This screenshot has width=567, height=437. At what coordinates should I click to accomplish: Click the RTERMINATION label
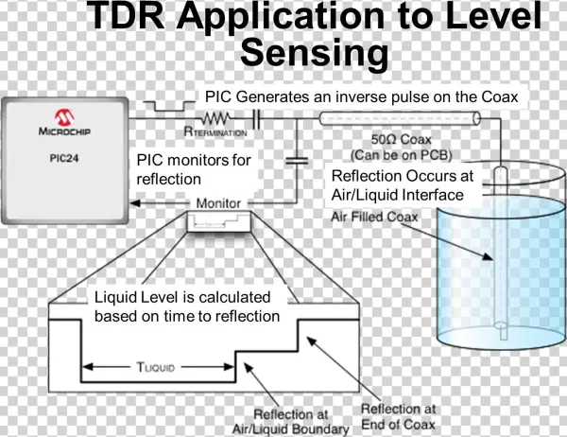click(x=216, y=134)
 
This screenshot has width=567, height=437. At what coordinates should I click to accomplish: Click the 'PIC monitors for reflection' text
click(x=195, y=170)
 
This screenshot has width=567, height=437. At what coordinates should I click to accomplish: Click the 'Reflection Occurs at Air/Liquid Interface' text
click(x=396, y=185)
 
